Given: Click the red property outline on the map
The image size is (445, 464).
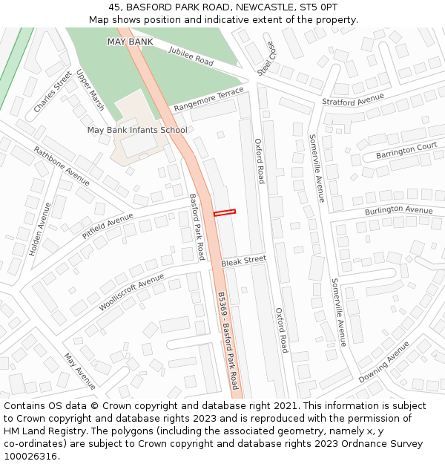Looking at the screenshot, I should [x=225, y=213].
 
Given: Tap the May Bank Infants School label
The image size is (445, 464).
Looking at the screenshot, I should [x=137, y=130].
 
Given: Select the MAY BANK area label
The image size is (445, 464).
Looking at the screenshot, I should [x=130, y=42].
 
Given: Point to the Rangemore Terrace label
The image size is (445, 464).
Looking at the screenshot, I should [x=208, y=99].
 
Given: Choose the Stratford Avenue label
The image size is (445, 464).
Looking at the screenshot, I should [x=352, y=99].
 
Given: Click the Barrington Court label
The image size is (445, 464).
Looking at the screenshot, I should [x=406, y=151].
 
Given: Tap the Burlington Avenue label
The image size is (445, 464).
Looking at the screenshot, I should [x=398, y=211].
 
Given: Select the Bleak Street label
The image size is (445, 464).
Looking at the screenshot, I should [x=243, y=261].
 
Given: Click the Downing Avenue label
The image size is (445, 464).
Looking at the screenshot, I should [x=383, y=362].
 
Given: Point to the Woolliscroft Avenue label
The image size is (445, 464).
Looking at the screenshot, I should [x=131, y=292].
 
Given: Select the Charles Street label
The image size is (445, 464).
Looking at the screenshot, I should [x=53, y=92].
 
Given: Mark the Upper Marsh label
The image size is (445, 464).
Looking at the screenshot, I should [x=90, y=91].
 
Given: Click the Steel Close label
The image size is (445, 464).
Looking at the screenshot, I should [x=266, y=58].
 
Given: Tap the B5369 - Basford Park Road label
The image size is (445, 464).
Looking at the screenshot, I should [x=228, y=340].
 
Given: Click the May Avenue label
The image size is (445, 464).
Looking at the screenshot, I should [x=79, y=370].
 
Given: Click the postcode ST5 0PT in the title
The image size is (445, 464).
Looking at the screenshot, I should [x=320, y=7].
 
